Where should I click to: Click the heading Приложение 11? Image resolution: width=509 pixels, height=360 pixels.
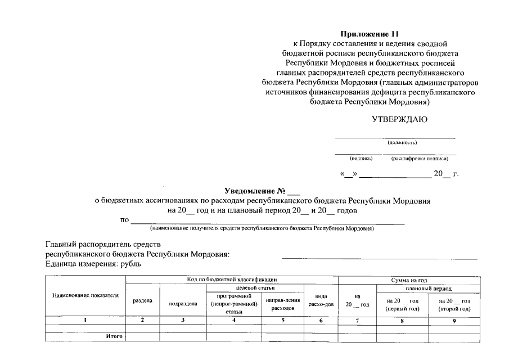point(373,34)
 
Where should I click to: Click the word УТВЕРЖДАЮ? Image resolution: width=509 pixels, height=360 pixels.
point(400,119)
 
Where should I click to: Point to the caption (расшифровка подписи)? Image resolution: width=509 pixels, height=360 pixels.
point(420,159)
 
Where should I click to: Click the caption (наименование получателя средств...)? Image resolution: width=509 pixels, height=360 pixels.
point(262,229)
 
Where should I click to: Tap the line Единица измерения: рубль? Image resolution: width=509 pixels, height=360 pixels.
point(93,263)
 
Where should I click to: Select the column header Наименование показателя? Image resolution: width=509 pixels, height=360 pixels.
point(85,295)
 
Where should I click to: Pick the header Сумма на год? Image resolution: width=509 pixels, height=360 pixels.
point(409,280)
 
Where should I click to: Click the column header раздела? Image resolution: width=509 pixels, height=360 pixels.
point(143,301)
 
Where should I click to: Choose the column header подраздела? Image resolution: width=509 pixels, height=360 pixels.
point(183,304)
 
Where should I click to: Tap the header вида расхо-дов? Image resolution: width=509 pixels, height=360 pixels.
point(321,300)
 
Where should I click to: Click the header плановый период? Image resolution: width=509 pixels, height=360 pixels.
point(429,288)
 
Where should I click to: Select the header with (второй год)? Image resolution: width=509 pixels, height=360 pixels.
point(454,305)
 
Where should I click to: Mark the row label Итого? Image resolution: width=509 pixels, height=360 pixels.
point(114,336)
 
